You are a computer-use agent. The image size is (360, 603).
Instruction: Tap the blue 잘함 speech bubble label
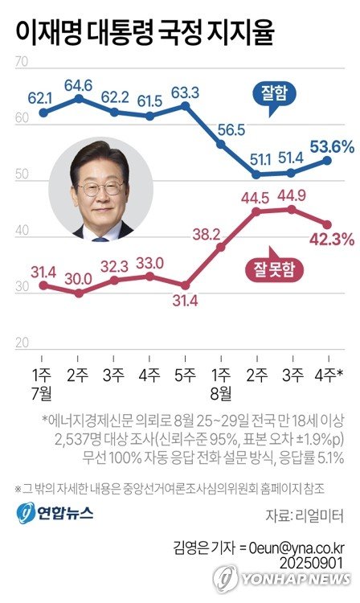pos(274,92)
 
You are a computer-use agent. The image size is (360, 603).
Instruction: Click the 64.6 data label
pos(79,84)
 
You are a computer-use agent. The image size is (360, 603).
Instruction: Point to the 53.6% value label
pos(331,146)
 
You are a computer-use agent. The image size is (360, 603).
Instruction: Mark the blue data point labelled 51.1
pos(256,174)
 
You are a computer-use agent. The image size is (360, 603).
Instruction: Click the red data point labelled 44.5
pos(256,211)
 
